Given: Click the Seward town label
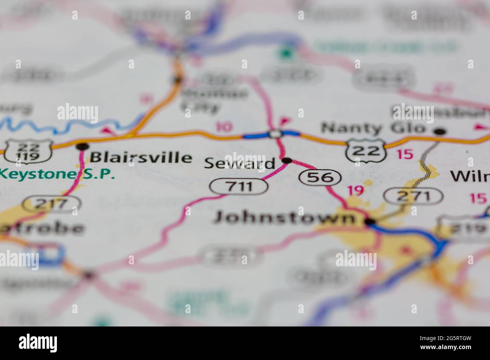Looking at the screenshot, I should coord(239,163).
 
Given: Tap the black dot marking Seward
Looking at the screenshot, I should coord(287,161).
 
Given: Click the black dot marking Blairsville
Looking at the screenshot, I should coord(82,146).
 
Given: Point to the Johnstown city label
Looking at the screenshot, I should coord(284,218).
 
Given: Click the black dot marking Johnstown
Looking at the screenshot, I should coord(370,222).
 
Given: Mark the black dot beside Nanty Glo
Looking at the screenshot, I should coord(439,132).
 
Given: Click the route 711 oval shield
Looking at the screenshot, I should coord(239,186).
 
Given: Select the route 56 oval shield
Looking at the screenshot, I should coord(320,177).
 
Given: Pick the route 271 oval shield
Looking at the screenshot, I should coord(413,196).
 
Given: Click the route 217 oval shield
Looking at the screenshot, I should coord(52,204).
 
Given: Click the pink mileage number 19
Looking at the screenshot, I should coord(355,190).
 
